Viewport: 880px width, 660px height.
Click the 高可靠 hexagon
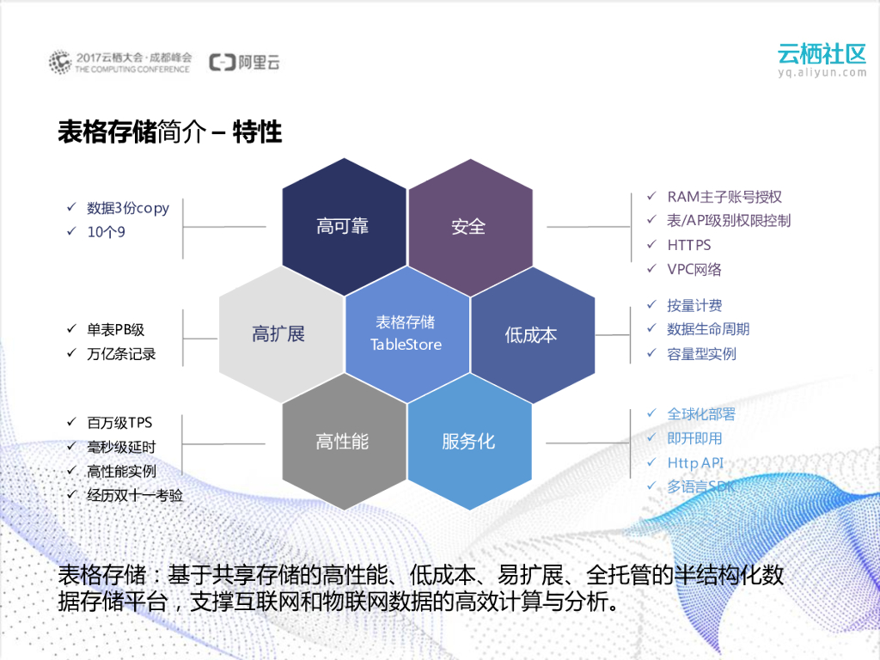[x=344, y=227]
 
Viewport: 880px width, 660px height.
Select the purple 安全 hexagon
[x=469, y=227]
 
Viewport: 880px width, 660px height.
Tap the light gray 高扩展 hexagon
[x=280, y=334]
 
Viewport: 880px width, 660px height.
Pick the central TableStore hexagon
[x=406, y=334]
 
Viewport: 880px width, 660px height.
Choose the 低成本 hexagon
[x=532, y=334]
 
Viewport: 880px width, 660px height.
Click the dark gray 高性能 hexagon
[x=344, y=442]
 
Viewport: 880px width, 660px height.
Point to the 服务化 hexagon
[x=469, y=442]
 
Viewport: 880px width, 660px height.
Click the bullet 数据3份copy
[x=128, y=208]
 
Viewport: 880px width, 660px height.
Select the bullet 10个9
[x=106, y=232]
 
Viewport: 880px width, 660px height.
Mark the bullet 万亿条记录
[x=121, y=354]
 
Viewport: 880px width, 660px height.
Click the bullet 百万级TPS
[x=119, y=423]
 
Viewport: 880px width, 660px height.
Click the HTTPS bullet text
[x=689, y=245]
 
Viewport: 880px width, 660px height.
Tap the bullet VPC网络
[x=694, y=269]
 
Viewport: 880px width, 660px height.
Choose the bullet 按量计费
[x=694, y=305]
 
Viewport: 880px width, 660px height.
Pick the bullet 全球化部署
[x=701, y=414]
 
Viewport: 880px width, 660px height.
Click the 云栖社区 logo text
[x=822, y=53]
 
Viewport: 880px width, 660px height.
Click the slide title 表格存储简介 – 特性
[x=169, y=132]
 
